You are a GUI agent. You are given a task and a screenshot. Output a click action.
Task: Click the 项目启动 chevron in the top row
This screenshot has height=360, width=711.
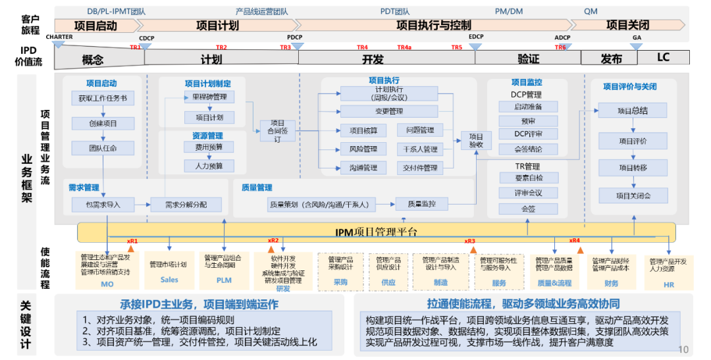click(96, 26)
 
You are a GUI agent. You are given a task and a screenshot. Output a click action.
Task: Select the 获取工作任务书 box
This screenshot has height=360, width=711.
click(102, 99)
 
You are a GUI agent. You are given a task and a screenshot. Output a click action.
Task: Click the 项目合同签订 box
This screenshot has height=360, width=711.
click(277, 131)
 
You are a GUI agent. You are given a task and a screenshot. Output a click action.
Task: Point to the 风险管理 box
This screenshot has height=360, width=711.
click(363, 149)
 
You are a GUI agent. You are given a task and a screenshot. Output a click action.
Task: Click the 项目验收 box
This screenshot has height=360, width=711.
click(476, 140)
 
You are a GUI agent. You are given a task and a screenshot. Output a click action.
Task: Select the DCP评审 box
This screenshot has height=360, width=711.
click(527, 134)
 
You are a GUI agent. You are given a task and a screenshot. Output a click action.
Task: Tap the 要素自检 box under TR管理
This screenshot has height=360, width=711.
click(527, 178)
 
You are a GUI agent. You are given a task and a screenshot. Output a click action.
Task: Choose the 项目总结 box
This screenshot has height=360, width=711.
click(633, 111)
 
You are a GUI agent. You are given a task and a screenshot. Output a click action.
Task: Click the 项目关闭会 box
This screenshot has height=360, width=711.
click(633, 195)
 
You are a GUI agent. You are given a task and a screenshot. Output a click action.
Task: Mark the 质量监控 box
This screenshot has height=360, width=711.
click(421, 204)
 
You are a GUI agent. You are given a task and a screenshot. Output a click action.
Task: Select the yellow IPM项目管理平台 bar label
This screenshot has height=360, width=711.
click(376, 232)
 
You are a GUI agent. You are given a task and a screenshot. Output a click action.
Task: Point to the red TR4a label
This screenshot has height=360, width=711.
click(404, 47)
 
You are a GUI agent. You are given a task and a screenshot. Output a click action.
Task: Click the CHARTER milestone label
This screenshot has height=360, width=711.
click(59, 37)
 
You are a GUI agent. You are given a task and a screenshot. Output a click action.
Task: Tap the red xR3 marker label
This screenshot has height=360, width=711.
click(469, 241)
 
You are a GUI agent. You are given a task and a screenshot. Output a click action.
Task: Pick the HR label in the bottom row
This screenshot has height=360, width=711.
click(668, 284)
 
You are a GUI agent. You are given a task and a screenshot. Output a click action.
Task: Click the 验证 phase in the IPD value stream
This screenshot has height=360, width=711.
click(528, 59)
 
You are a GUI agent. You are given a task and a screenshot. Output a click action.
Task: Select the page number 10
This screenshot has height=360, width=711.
click(683, 349)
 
